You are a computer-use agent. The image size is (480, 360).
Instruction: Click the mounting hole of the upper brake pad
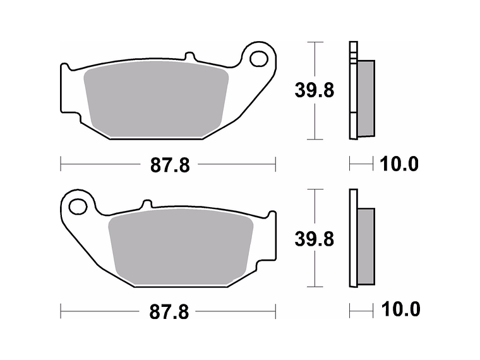258,59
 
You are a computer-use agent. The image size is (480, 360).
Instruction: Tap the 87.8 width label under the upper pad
170,165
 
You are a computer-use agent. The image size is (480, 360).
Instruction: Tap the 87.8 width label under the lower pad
170,312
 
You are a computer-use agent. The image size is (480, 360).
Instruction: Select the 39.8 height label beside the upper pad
315,90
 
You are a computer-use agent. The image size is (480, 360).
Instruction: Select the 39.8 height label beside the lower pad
315,239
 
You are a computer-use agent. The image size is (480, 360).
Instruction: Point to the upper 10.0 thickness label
399,165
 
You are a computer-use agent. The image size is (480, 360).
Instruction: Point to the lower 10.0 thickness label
399,310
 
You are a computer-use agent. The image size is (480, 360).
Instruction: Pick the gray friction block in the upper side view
366,98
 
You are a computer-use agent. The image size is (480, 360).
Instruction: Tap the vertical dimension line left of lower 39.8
313,272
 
